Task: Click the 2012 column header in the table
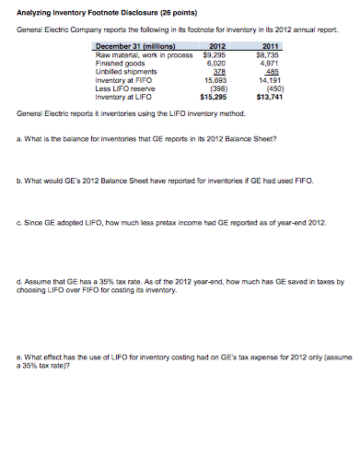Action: point(218,44)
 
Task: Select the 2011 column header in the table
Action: point(271,44)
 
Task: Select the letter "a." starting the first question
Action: point(21,140)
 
